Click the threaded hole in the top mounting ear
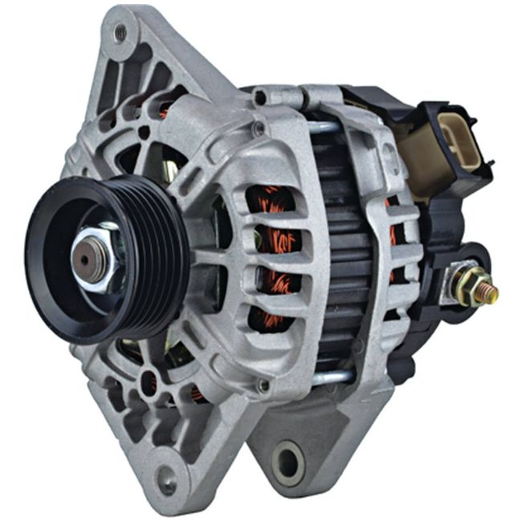120,33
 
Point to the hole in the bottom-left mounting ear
166,480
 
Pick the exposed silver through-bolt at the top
321,126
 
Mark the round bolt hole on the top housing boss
259,98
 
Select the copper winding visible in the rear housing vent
391,233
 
